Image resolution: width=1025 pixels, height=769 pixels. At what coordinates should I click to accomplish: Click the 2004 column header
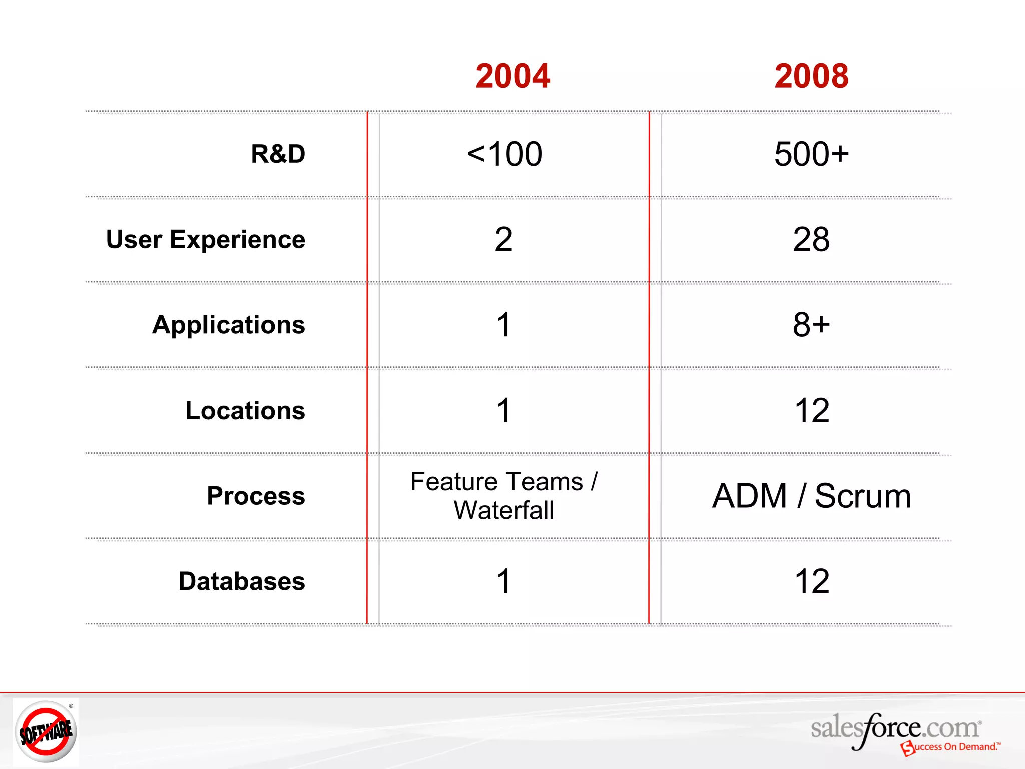point(512,76)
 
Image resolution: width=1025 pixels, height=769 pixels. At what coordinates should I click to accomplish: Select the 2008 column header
point(811,76)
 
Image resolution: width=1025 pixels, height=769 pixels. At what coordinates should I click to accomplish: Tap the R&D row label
point(278,154)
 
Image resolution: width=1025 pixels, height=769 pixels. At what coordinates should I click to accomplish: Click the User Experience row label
point(206,239)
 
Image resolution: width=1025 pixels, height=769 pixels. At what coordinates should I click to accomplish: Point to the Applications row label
point(229,325)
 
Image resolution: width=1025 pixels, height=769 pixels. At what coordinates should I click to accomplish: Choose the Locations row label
point(245,411)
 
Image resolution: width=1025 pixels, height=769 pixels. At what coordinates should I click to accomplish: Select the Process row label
point(256,496)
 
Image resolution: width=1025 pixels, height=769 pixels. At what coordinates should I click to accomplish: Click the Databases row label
point(242,581)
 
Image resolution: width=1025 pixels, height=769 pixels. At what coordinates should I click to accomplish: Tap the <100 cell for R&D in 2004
point(504,154)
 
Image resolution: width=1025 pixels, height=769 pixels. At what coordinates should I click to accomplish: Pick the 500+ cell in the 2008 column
point(811,154)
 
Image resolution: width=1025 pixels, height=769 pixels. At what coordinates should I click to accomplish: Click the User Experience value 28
point(811,239)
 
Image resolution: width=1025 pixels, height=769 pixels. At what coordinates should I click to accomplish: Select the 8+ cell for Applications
point(811,325)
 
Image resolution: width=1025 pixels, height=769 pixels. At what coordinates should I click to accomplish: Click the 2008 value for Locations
point(811,411)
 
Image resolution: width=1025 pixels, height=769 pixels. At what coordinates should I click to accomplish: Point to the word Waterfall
point(503,511)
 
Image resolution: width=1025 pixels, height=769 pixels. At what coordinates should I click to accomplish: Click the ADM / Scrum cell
point(811,496)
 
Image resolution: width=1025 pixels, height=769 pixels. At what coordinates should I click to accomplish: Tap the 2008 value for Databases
point(811,581)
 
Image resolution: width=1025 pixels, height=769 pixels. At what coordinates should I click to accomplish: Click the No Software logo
point(46,732)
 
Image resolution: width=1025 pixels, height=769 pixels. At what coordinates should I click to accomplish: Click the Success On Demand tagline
point(953,747)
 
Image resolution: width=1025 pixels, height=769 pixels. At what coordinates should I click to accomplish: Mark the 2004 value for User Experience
point(503,239)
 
